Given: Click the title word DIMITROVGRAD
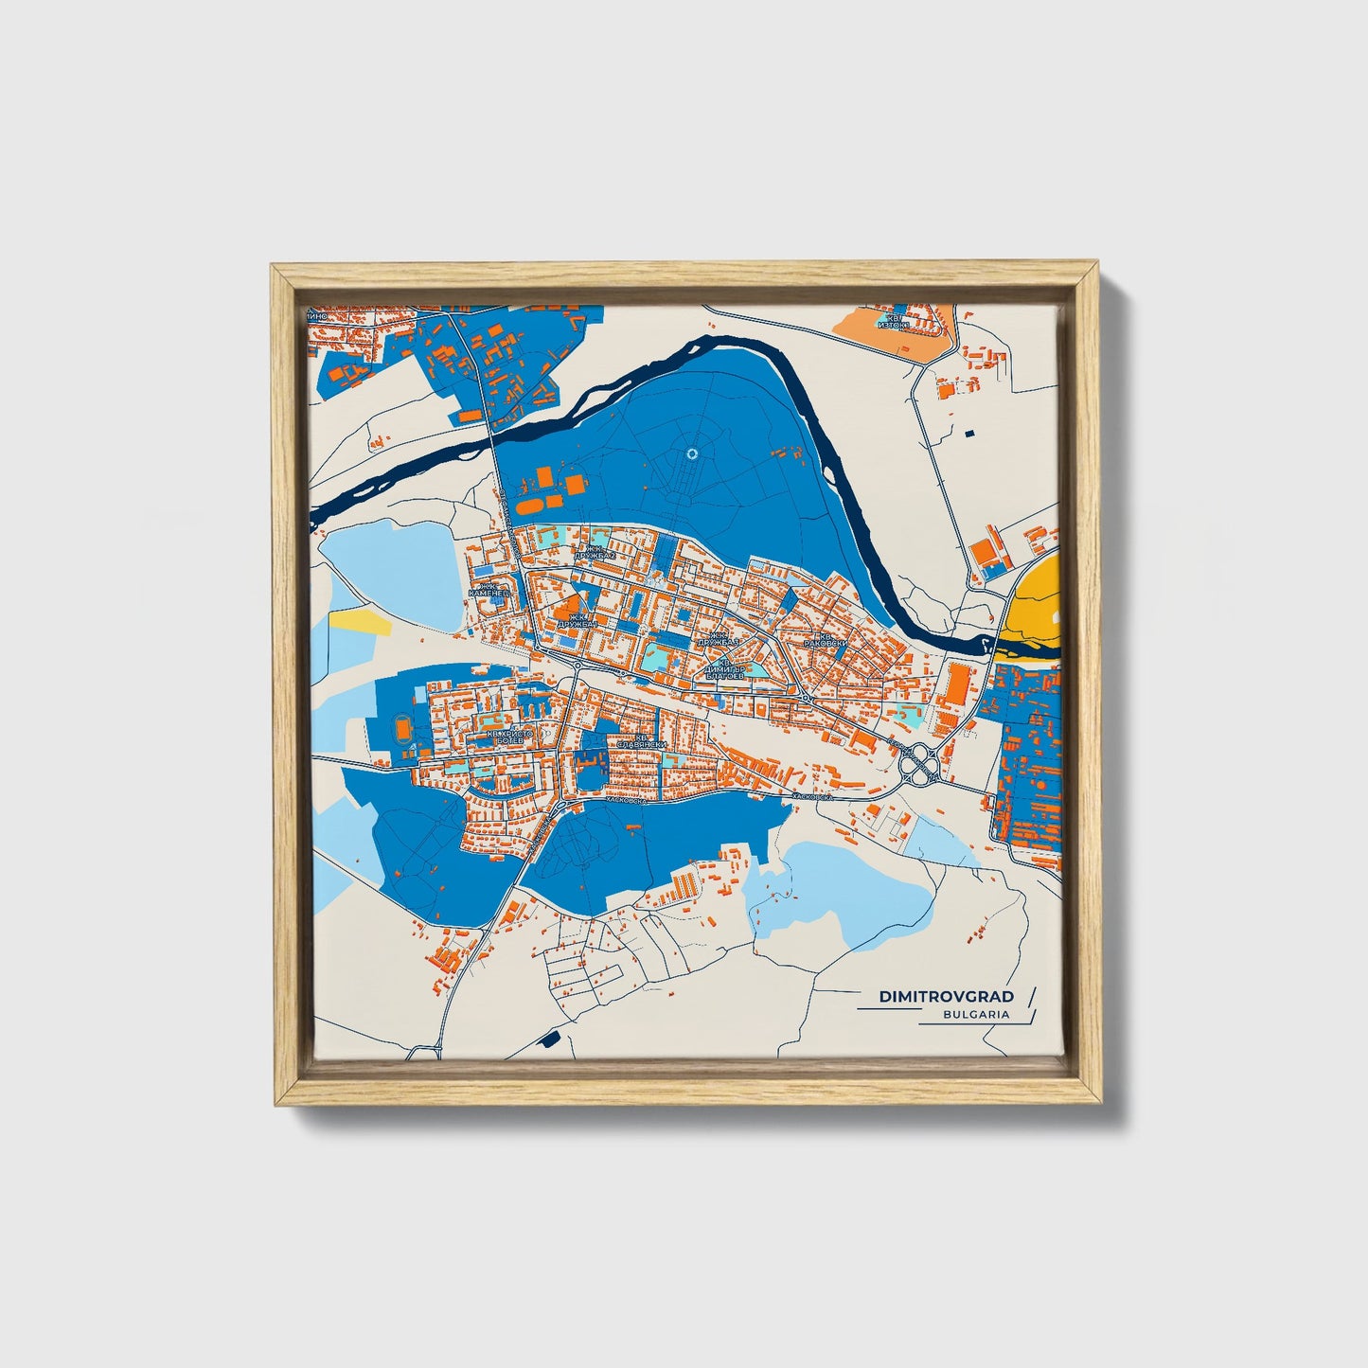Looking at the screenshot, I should click(x=946, y=996).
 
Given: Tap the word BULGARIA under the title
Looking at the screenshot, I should click(x=975, y=1014).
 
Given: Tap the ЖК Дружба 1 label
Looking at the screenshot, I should click(x=577, y=622).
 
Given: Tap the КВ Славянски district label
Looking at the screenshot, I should click(x=641, y=741).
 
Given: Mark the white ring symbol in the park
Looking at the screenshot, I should click(x=692, y=454).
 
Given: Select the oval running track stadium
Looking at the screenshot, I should click(x=403, y=729).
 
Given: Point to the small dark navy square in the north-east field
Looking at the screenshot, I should click(x=968, y=433).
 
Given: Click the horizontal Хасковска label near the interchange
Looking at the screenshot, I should click(x=811, y=797).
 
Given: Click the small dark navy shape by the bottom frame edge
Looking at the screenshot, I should click(x=546, y=1040).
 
